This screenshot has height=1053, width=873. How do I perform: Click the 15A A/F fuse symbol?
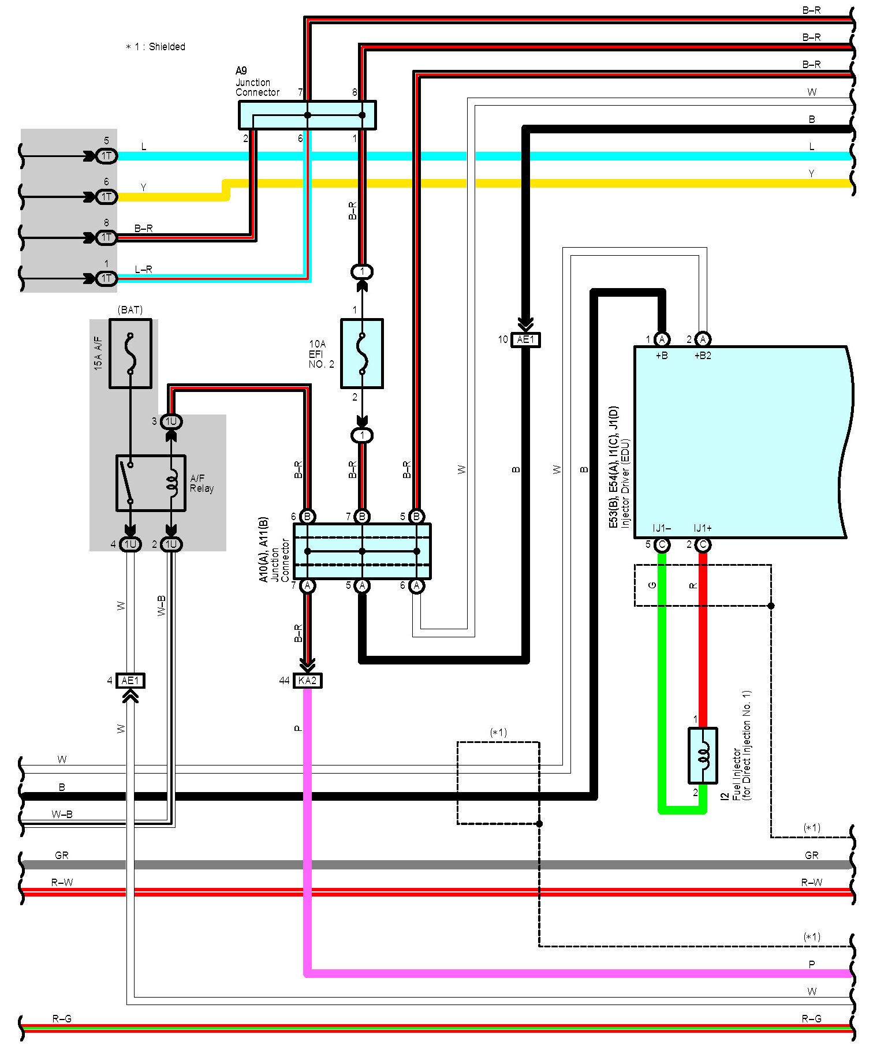point(130,353)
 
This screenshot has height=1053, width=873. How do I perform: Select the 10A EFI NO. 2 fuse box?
point(362,353)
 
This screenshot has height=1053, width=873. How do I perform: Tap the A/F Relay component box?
point(151,483)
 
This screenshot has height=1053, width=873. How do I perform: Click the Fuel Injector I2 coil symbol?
point(703,755)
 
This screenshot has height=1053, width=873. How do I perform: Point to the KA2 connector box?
point(308,681)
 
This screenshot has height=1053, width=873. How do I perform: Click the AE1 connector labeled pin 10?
point(525,339)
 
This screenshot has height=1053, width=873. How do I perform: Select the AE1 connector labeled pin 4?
point(130,681)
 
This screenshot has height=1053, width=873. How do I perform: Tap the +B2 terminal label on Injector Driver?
point(703,356)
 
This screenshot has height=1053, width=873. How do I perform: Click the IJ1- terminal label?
point(662,528)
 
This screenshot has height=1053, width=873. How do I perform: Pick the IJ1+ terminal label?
point(703,528)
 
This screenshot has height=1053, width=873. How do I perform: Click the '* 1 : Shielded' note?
point(156,47)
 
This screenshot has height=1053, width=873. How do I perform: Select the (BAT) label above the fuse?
point(130,310)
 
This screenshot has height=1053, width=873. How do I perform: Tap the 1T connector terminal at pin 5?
point(107,156)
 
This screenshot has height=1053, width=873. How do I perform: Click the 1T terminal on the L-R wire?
point(107,279)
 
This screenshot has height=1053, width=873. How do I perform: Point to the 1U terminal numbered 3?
point(171,421)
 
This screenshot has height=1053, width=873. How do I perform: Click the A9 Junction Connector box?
point(307,115)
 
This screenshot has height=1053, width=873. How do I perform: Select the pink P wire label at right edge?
point(812,965)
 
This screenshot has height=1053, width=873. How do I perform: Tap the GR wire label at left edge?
point(62,855)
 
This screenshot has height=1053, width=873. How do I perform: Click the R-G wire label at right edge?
point(811,1019)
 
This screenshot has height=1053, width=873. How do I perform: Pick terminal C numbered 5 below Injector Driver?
point(662,544)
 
